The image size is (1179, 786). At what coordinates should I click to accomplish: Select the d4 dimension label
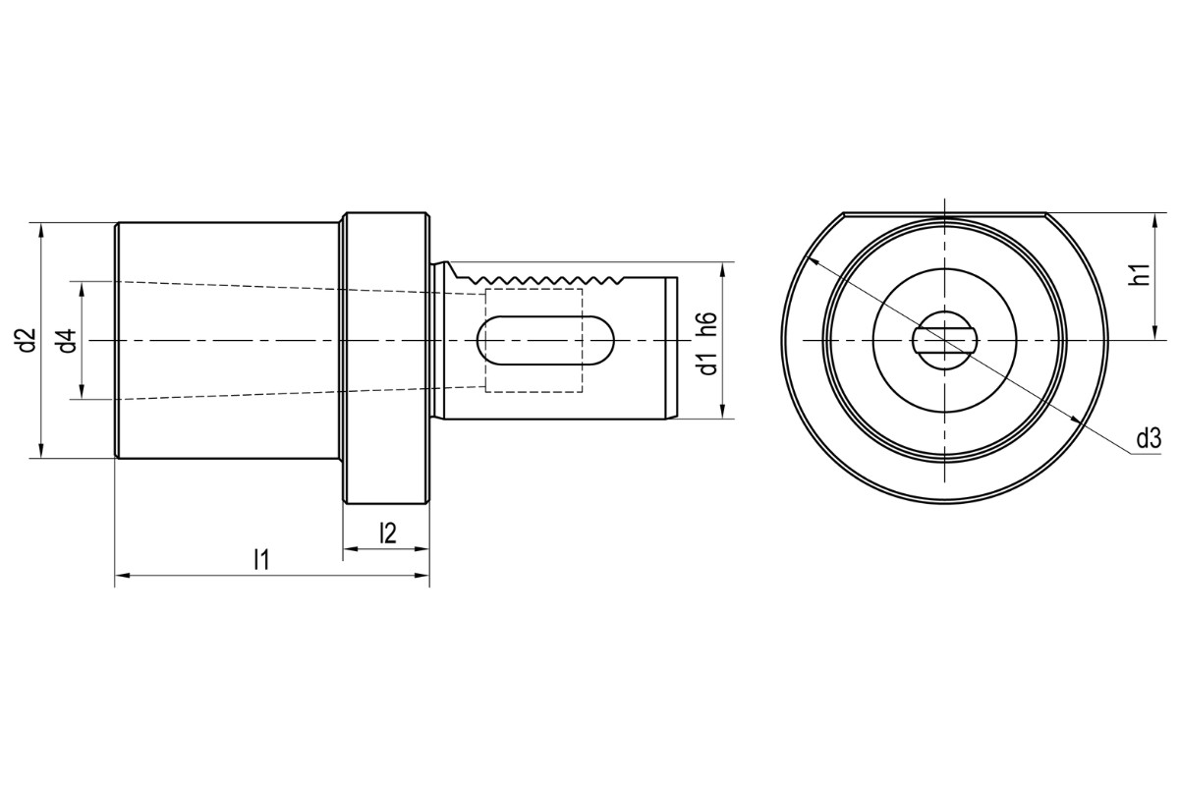66,341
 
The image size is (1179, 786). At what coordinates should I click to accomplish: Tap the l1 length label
260,560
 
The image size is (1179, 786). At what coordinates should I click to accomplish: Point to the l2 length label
387,533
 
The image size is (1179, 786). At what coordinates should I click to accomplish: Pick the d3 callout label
1149,438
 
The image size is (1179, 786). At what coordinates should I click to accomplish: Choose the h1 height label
1140,276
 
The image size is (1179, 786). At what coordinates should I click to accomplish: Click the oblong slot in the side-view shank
545,341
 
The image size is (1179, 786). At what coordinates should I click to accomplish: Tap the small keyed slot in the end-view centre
944,340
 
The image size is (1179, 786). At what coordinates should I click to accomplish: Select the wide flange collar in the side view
386,359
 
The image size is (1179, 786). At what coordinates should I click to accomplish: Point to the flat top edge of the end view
944,213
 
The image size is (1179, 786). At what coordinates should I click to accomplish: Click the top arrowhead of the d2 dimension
40,229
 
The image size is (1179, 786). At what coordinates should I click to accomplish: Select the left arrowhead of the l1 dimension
121,576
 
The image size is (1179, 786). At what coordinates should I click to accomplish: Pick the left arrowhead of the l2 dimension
348,549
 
